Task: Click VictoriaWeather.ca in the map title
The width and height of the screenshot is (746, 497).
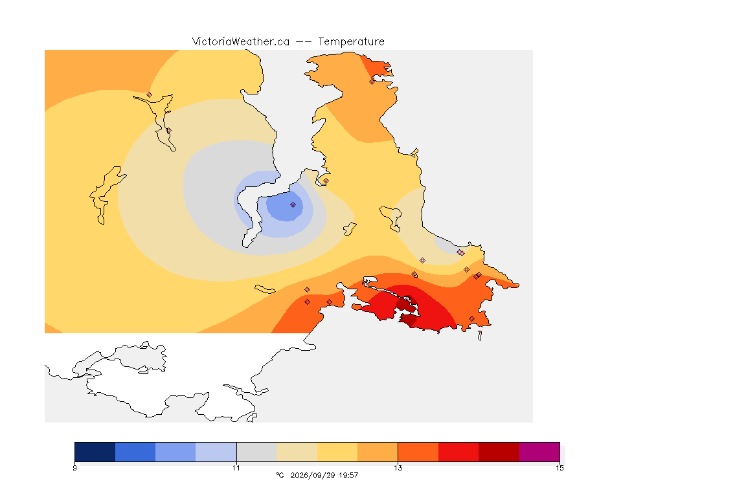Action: tap(241, 42)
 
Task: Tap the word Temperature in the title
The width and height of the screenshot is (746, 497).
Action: tap(351, 42)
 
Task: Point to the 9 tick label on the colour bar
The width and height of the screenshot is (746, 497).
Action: tap(74, 468)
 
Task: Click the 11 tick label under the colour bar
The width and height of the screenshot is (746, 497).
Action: tap(236, 468)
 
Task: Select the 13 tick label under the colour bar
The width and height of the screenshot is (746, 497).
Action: tap(398, 468)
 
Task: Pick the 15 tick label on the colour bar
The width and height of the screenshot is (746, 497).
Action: tap(559, 468)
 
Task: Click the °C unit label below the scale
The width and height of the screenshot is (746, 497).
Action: tap(280, 475)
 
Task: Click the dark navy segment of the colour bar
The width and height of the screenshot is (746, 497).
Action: tap(95, 452)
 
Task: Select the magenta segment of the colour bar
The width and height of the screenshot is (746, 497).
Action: tap(539, 452)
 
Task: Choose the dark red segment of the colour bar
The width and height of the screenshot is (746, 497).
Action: tap(499, 452)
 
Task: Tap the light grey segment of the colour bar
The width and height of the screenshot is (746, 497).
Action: tap(257, 452)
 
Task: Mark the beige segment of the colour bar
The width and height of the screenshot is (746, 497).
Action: tap(297, 452)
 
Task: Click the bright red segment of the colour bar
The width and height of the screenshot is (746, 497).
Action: tap(458, 452)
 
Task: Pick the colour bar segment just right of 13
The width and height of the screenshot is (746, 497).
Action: tap(418, 452)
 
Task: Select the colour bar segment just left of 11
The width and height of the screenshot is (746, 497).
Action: tap(216, 452)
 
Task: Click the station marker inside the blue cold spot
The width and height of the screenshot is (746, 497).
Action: tap(293, 205)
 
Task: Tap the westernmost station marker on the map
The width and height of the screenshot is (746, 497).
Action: tap(150, 95)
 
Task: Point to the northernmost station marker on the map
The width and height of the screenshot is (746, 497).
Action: tap(372, 82)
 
